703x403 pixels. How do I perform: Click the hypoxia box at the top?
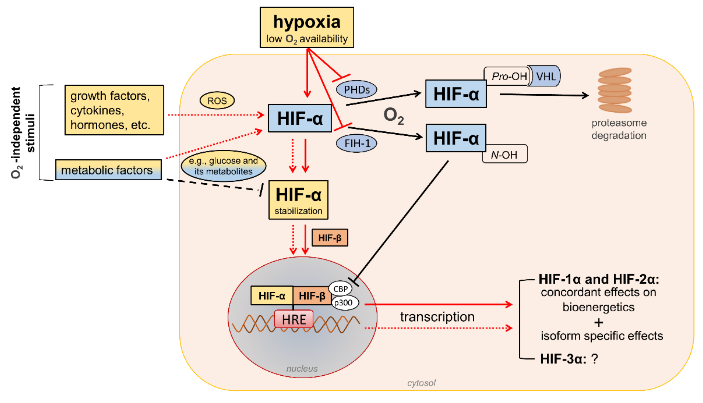pyautogui.click(x=307, y=27)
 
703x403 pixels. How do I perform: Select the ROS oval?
pyautogui.click(x=217, y=101)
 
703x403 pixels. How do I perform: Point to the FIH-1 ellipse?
pyautogui.click(x=356, y=143)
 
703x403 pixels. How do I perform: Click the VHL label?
pyautogui.click(x=545, y=76)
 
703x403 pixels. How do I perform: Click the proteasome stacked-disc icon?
pyautogui.click(x=615, y=90)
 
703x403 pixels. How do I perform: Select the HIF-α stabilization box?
pyautogui.click(x=298, y=200)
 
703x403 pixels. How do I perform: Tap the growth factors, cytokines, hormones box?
pyautogui.click(x=114, y=110)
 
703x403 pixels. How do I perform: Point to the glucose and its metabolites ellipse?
pyautogui.click(x=223, y=166)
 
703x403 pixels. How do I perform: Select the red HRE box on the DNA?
pyautogui.click(x=294, y=319)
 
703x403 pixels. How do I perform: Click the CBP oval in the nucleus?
pyautogui.click(x=340, y=289)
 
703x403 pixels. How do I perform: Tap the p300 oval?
pyautogui.click(x=344, y=302)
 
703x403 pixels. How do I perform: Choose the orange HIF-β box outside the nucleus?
pyautogui.click(x=330, y=238)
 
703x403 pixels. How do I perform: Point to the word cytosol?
pyautogui.click(x=421, y=383)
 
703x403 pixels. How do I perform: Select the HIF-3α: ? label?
pyautogui.click(x=569, y=359)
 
